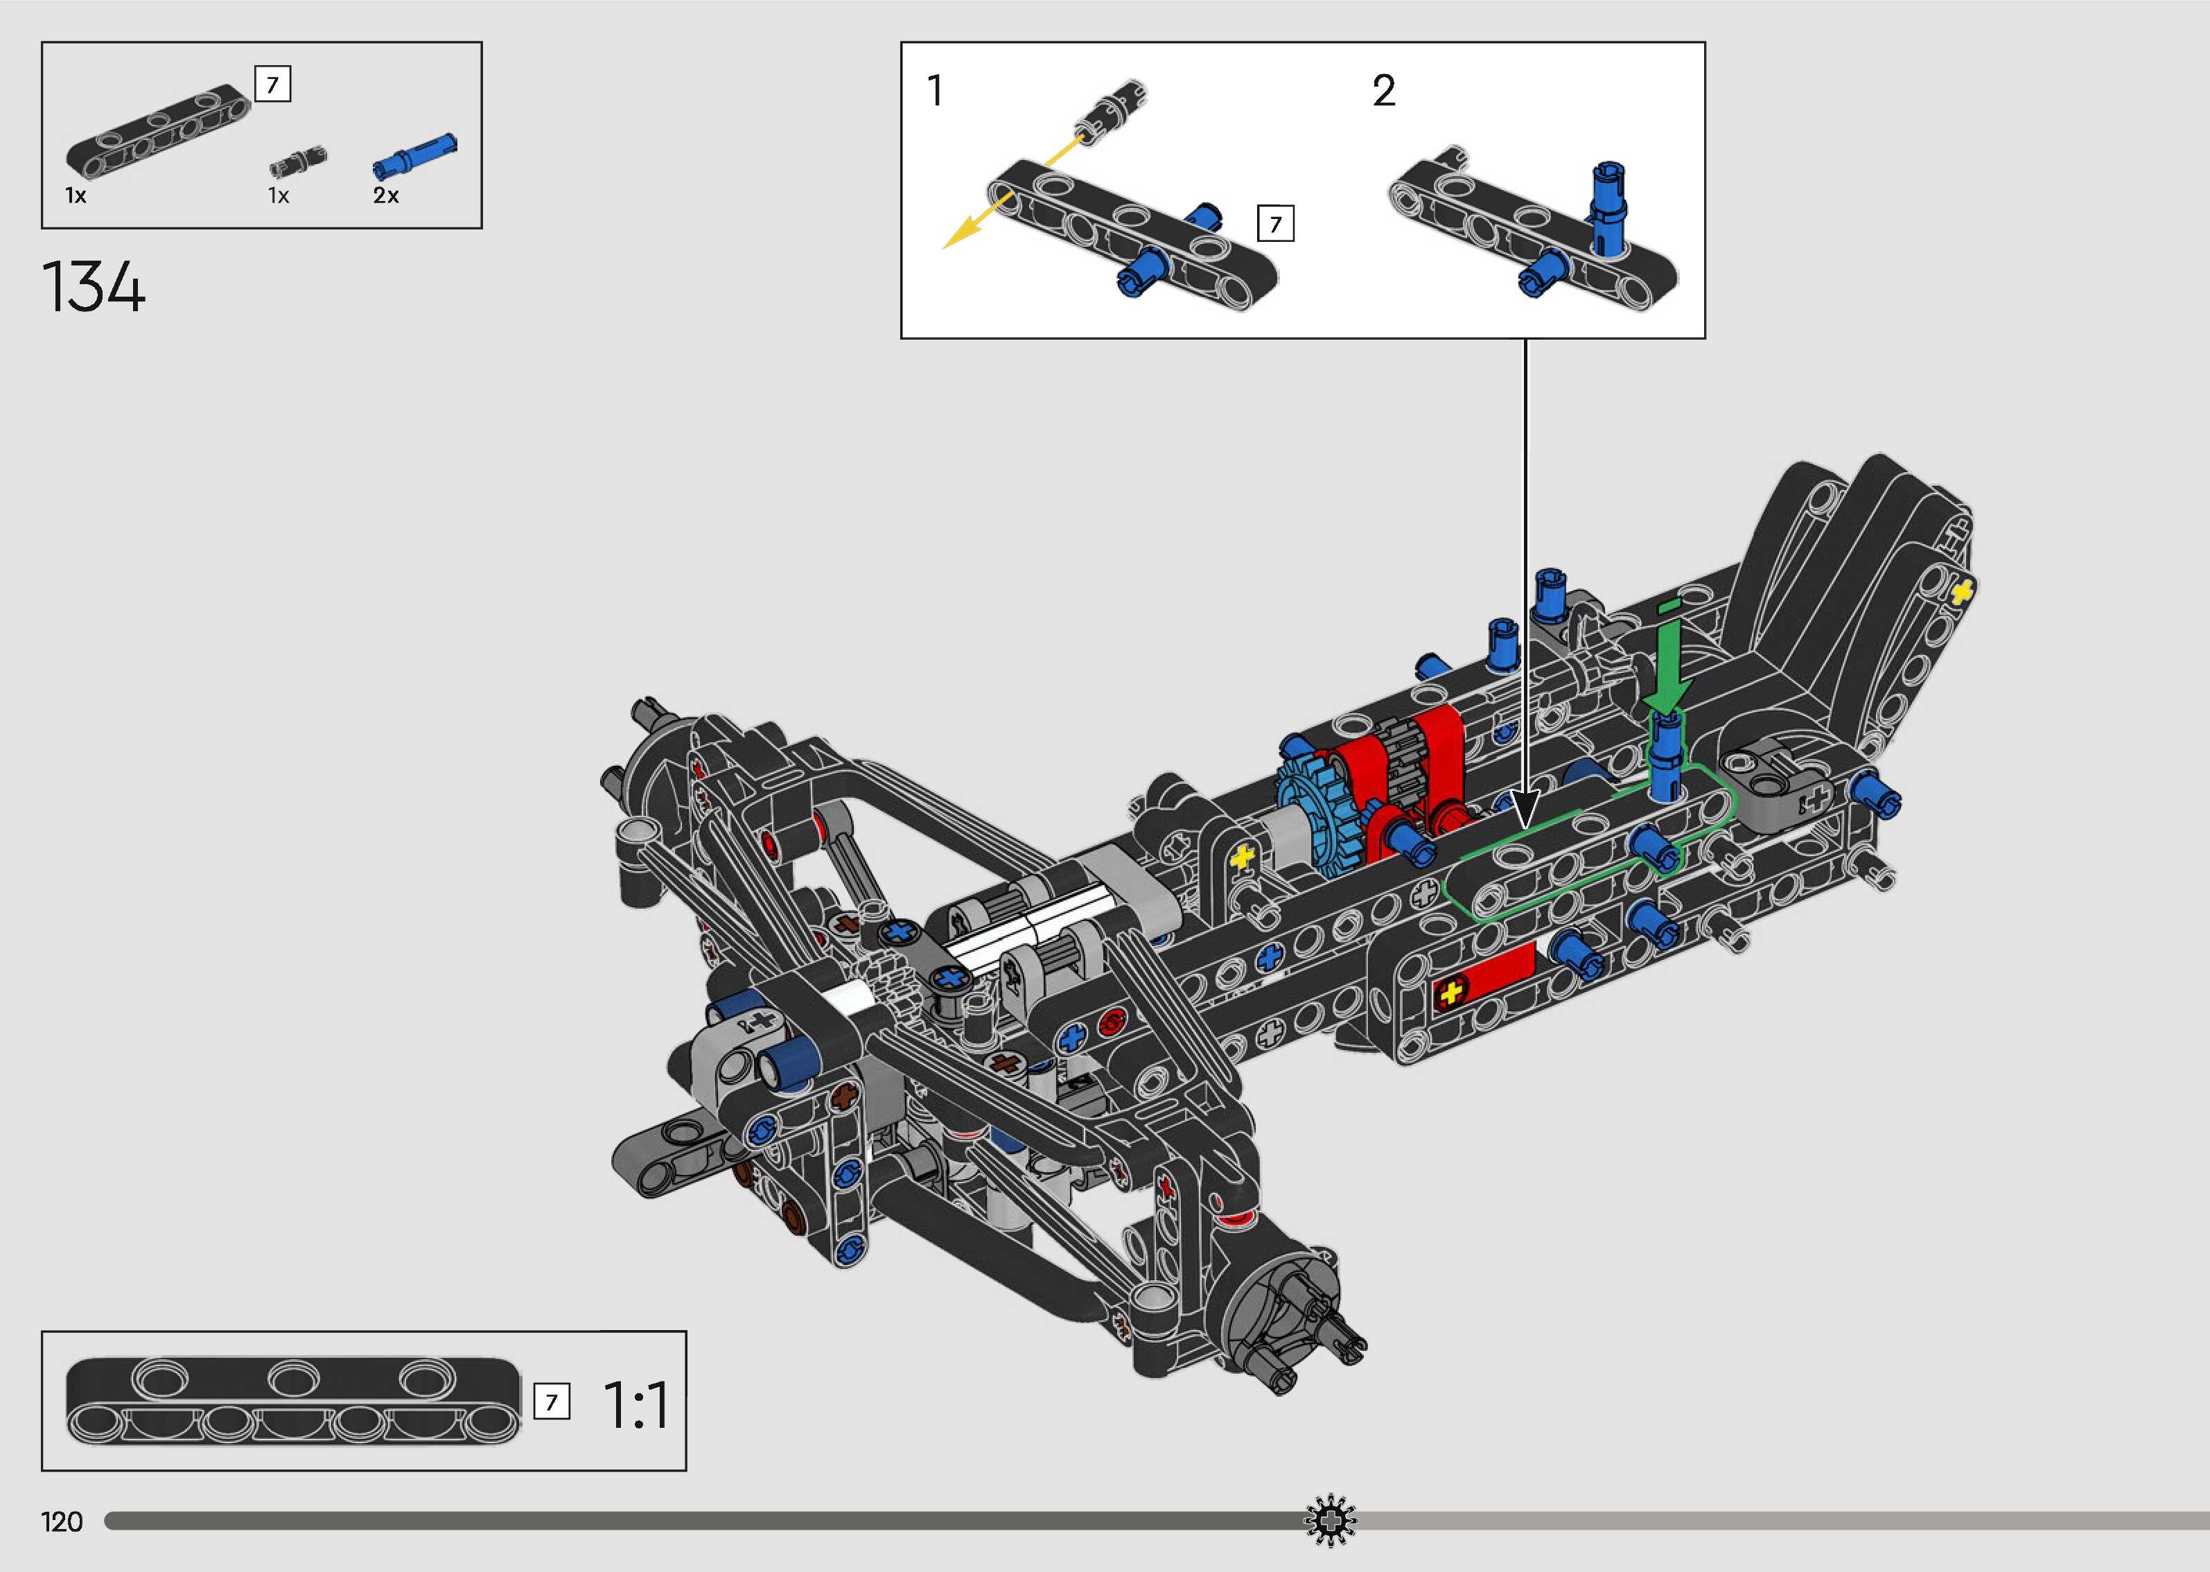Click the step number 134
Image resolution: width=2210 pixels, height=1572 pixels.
(94, 288)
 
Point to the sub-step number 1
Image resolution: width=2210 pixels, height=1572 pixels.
(935, 91)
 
